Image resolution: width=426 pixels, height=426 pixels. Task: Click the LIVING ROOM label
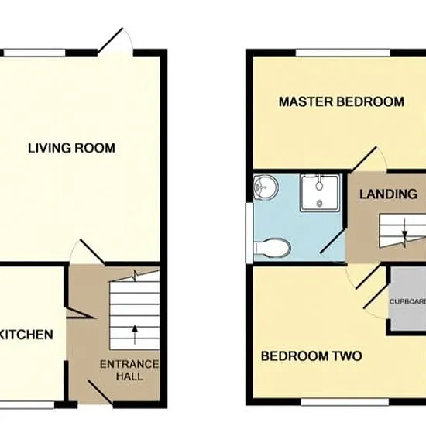[72, 148]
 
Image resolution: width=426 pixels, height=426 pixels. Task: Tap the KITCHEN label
[26, 335]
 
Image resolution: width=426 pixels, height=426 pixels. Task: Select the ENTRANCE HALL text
[129, 370]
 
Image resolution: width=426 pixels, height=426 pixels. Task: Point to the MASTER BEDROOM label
[342, 102]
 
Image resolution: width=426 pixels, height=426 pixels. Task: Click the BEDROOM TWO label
[311, 356]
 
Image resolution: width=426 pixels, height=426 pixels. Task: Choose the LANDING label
[388, 194]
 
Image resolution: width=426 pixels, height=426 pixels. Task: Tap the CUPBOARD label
[407, 301]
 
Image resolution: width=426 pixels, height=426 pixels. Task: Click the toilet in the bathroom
[272, 247]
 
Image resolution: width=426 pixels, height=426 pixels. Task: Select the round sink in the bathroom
[266, 187]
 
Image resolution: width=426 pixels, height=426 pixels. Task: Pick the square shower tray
[320, 193]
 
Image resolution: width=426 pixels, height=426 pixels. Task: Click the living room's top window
[35, 53]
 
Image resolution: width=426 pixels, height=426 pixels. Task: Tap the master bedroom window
[343, 53]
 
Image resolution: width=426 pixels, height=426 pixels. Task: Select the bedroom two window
[345, 402]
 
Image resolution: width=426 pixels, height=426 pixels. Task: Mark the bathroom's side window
[249, 232]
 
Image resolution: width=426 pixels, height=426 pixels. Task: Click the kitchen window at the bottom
[27, 405]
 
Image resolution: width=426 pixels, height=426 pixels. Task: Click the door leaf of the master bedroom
[364, 160]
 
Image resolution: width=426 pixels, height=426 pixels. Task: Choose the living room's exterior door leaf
[110, 40]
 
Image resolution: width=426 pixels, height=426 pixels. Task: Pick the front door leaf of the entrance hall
[101, 392]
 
